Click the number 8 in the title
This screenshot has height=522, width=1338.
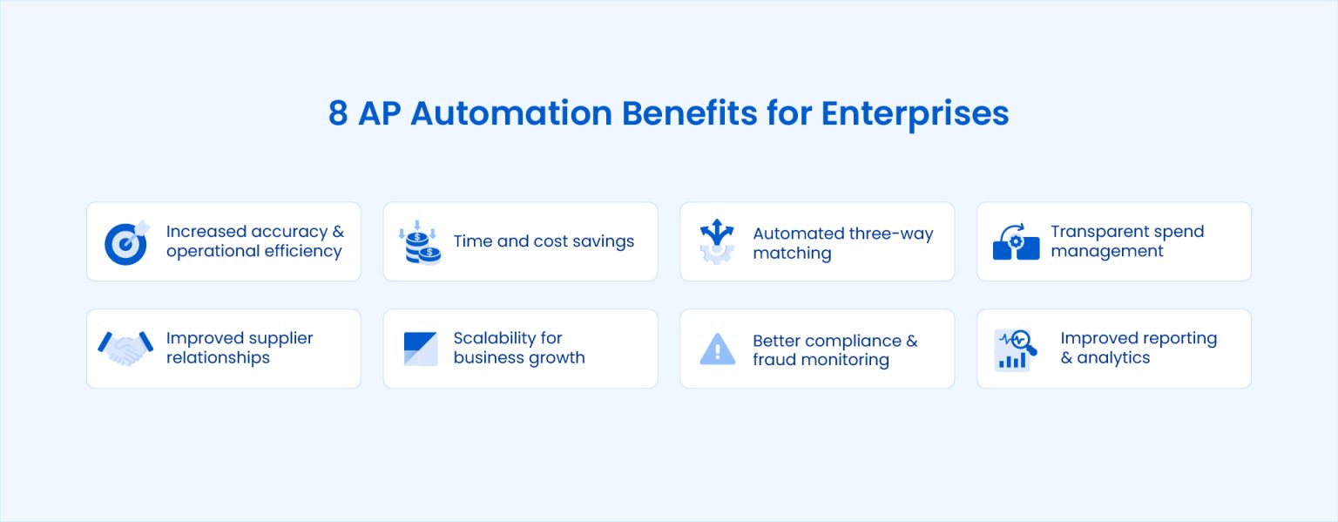[337, 113]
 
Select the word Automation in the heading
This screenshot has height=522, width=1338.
[511, 113]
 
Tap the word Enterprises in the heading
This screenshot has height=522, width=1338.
[916, 115]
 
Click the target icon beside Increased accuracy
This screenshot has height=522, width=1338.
[127, 242]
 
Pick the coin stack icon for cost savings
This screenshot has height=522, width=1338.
[420, 242]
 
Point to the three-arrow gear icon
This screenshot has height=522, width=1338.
[717, 241]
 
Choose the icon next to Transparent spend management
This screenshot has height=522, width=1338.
[1016, 242]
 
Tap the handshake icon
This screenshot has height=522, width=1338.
[125, 349]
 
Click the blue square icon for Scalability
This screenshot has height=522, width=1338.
[421, 349]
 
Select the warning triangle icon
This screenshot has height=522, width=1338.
[718, 349]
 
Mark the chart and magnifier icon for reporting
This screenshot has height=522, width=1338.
[1016, 350]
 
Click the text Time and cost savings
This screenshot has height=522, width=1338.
[544, 241]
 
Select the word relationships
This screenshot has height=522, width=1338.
[218, 358]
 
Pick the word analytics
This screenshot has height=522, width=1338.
[1113, 358]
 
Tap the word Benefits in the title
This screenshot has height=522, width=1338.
[690, 113]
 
